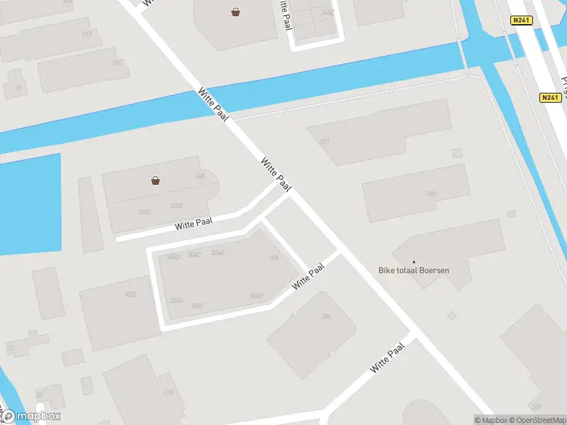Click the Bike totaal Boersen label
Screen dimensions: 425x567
[x=414, y=270]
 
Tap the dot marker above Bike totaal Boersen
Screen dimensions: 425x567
[x=414, y=262]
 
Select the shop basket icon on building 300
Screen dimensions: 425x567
[x=155, y=181]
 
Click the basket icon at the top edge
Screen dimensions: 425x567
[x=235, y=12]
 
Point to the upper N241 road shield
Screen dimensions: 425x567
[x=521, y=21]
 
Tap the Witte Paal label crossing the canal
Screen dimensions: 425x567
[x=213, y=104]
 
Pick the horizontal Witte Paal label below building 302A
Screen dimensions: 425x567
[x=194, y=224]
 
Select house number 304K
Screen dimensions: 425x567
[x=176, y=300]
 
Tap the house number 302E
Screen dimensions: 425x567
[x=130, y=294]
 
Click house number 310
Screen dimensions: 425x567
[x=168, y=392]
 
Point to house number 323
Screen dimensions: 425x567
[x=431, y=193]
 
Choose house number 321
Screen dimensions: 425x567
[x=325, y=142]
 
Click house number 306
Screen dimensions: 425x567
[x=326, y=316]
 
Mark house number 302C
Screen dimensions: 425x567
[x=146, y=212]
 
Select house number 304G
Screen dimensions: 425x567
[x=257, y=296]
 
